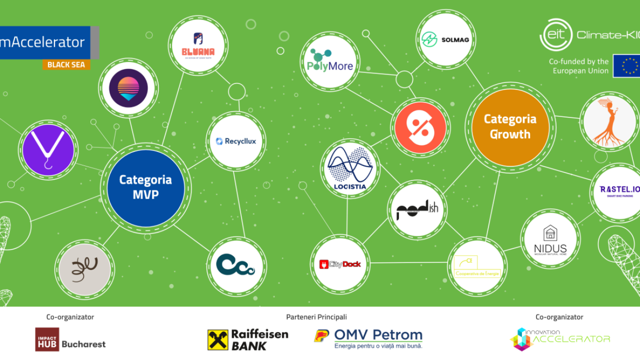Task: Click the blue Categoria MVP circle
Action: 145,188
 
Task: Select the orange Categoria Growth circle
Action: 510,127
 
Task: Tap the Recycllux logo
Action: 236,141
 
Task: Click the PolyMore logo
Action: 330,61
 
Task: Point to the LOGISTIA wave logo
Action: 349,169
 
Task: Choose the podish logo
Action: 417,210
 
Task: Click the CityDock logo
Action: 340,263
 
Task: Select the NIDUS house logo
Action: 550,239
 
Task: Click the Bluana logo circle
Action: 198,45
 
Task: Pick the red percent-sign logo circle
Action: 420,127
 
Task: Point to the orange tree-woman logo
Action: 609,121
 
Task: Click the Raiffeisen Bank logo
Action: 248,339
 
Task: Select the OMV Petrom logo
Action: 368,338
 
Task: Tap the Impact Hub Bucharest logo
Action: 70,339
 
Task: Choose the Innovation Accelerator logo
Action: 559,338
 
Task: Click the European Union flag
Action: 627,65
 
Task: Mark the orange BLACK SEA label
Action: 66,65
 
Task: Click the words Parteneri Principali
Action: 316,317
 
